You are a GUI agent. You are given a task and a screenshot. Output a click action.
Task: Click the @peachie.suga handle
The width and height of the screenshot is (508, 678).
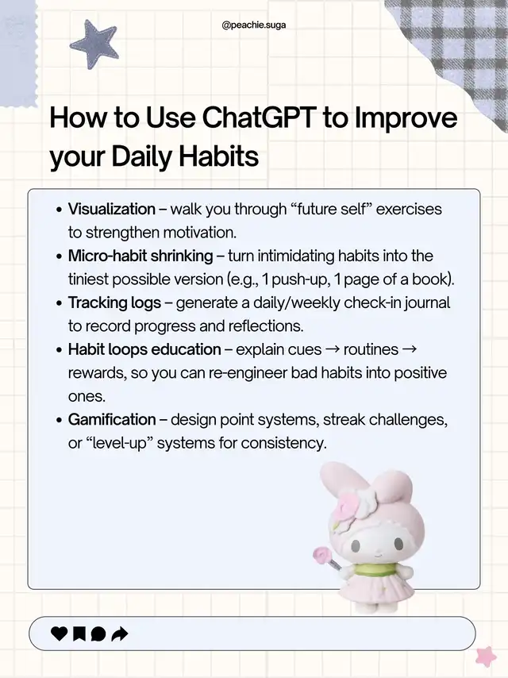253,25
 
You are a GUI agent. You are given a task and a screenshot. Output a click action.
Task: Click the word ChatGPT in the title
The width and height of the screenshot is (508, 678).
259,117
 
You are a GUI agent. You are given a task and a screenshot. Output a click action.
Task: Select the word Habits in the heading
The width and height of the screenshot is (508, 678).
219,156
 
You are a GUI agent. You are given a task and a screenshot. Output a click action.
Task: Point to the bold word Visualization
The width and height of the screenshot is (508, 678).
112,210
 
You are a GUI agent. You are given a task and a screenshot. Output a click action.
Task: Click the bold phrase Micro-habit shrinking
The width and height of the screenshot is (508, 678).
140,256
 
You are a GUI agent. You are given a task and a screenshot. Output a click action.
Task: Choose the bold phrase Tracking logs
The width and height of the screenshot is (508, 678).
114,302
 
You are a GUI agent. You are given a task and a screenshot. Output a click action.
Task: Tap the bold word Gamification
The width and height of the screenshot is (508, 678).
112,419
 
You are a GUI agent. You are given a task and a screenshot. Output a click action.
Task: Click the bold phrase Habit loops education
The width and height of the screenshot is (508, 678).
144,349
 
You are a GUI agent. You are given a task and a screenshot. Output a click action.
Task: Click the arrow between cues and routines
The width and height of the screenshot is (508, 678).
333,350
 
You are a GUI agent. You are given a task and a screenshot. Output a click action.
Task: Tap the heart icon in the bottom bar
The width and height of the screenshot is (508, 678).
60,634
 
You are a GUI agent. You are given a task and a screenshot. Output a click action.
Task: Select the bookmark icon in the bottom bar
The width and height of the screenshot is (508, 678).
79,634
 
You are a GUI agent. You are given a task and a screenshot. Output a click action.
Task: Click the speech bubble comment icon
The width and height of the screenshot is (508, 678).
98,634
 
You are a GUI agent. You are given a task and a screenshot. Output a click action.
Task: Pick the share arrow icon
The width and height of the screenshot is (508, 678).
120,634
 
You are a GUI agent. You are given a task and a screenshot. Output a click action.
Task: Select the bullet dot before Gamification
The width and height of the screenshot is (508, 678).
60,420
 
